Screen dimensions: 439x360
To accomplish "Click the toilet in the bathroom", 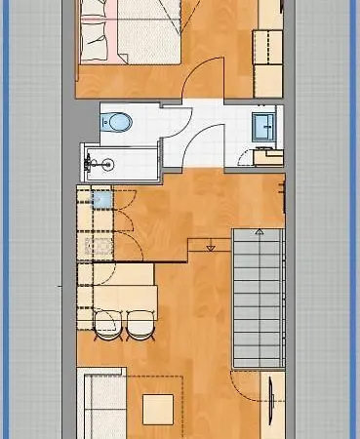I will pyautogui.click(x=116, y=122).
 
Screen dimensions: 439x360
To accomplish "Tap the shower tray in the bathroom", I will pyautogui.click(x=117, y=161).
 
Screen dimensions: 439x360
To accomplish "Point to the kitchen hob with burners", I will pyautogui.click(x=99, y=245).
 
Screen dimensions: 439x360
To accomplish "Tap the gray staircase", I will pyautogui.click(x=258, y=298).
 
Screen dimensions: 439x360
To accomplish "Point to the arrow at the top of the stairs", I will pyautogui.click(x=259, y=233).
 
